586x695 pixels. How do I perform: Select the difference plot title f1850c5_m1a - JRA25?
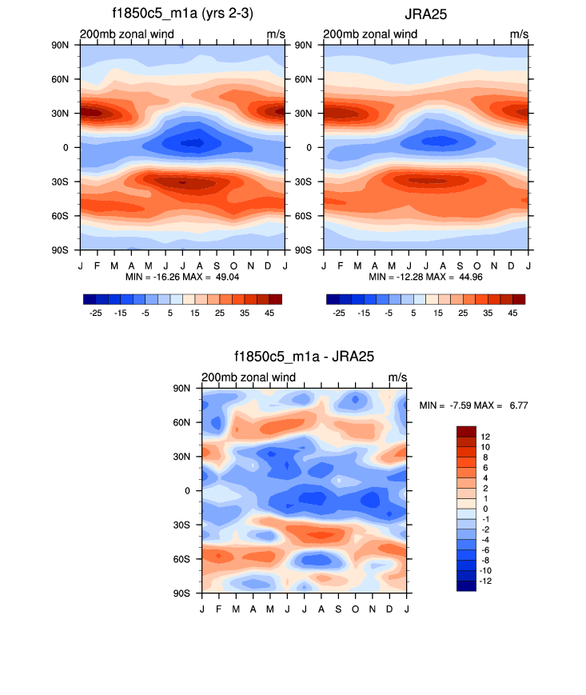tap(305, 357)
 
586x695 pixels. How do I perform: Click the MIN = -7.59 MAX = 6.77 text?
tap(474, 405)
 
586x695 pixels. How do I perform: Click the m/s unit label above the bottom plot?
tap(397, 377)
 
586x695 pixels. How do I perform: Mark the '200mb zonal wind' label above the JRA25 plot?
tap(370, 34)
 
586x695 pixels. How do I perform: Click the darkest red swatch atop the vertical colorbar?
tap(466, 431)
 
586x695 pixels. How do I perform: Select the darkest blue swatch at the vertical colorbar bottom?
tap(466, 585)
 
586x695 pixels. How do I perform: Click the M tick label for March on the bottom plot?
tap(236, 609)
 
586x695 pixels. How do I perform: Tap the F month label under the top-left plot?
tap(98, 266)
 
